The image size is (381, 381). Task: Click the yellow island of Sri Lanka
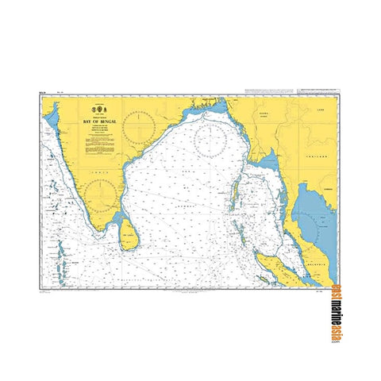tap(129, 231)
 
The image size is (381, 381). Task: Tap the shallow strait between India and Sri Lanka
tap(117, 219)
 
